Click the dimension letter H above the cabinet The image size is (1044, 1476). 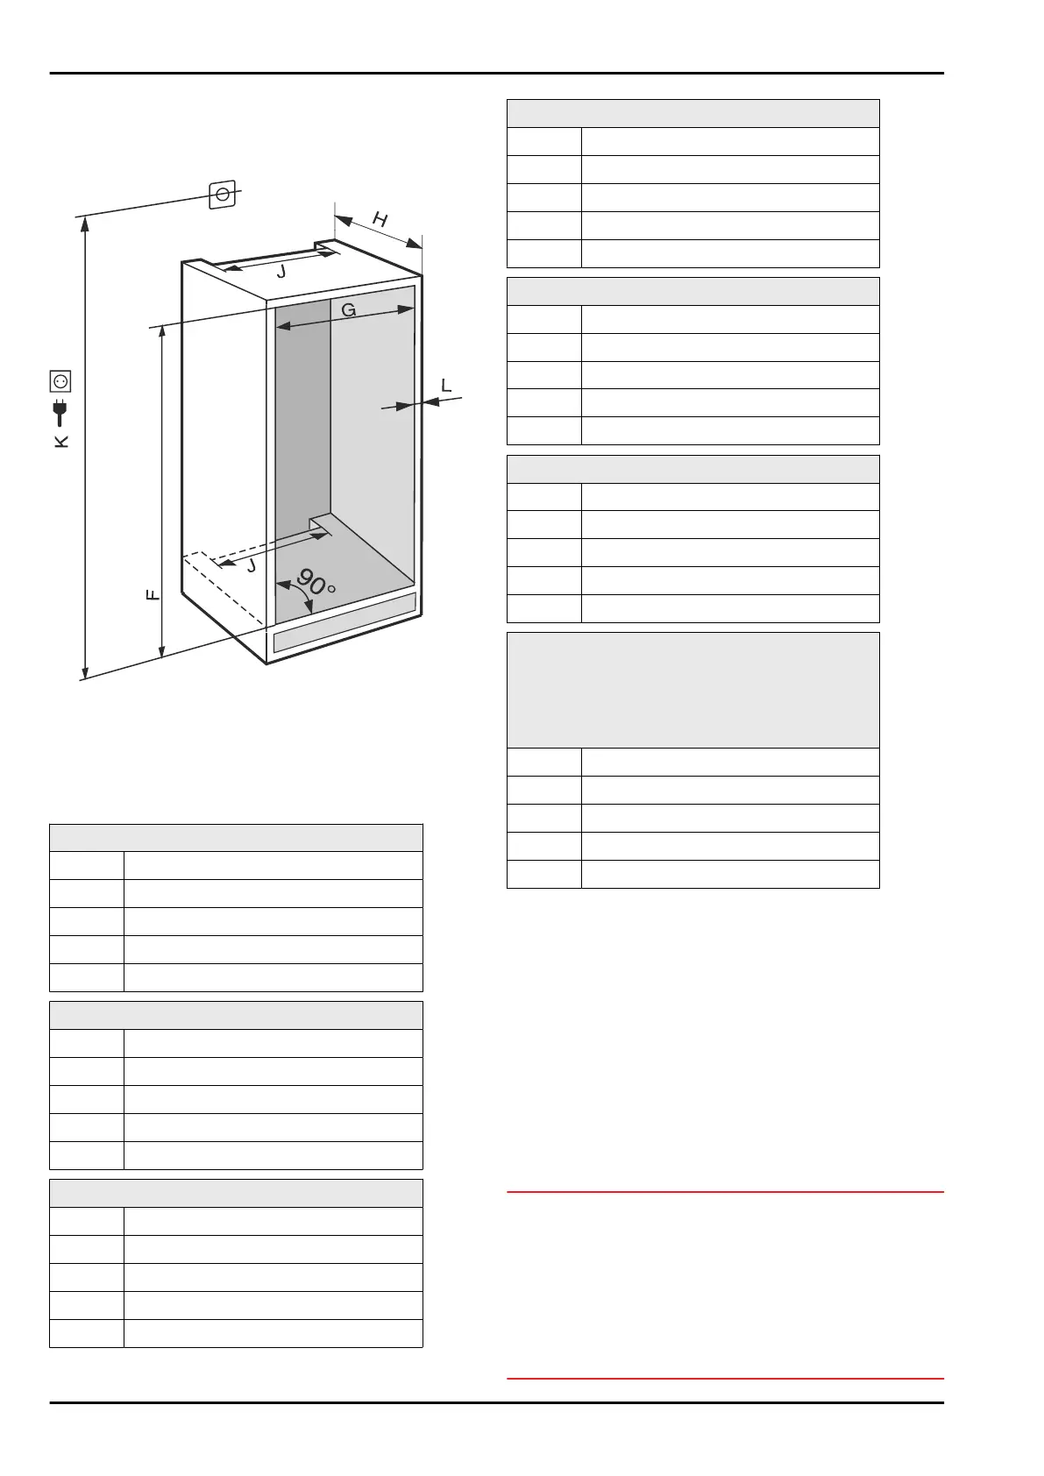[380, 219]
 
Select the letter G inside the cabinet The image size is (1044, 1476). [348, 309]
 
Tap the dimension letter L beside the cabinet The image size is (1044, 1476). [446, 385]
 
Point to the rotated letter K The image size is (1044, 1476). [61, 441]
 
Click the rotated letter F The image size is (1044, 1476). [153, 595]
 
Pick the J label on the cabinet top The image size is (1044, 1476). [281, 272]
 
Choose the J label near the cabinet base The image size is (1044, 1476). [252, 566]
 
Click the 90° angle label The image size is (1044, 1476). [316, 582]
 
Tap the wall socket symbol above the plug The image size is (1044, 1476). [60, 381]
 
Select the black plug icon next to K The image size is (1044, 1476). [60, 412]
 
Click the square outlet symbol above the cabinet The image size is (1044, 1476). [223, 194]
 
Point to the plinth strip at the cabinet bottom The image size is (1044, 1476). [344, 621]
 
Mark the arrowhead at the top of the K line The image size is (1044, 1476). [85, 224]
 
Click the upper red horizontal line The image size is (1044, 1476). [725, 1192]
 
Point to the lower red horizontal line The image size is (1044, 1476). [725, 1379]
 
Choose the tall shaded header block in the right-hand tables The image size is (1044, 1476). [692, 690]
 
